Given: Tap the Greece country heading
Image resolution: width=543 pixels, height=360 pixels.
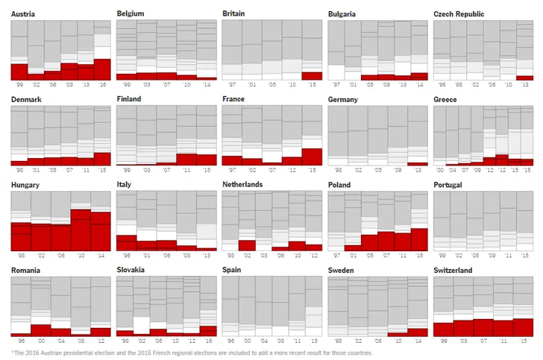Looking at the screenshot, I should [x=446, y=99].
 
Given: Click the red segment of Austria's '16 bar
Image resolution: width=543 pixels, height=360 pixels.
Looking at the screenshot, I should [x=102, y=69].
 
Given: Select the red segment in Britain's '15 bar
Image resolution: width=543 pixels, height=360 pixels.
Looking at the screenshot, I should [x=313, y=75].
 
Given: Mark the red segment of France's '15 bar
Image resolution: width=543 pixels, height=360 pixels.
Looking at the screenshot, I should [x=313, y=157].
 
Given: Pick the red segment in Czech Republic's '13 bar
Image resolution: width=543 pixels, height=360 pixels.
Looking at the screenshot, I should [x=524, y=78].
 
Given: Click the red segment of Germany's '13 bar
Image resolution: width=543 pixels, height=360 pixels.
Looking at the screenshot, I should [x=418, y=163].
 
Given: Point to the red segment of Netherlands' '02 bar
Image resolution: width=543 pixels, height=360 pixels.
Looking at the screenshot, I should [x=247, y=245].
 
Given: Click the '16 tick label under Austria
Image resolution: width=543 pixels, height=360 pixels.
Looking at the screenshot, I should [x=102, y=85].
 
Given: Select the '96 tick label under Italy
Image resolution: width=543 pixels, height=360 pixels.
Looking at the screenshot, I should [x=126, y=256].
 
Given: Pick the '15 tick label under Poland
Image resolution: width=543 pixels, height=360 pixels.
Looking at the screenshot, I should [x=418, y=256].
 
